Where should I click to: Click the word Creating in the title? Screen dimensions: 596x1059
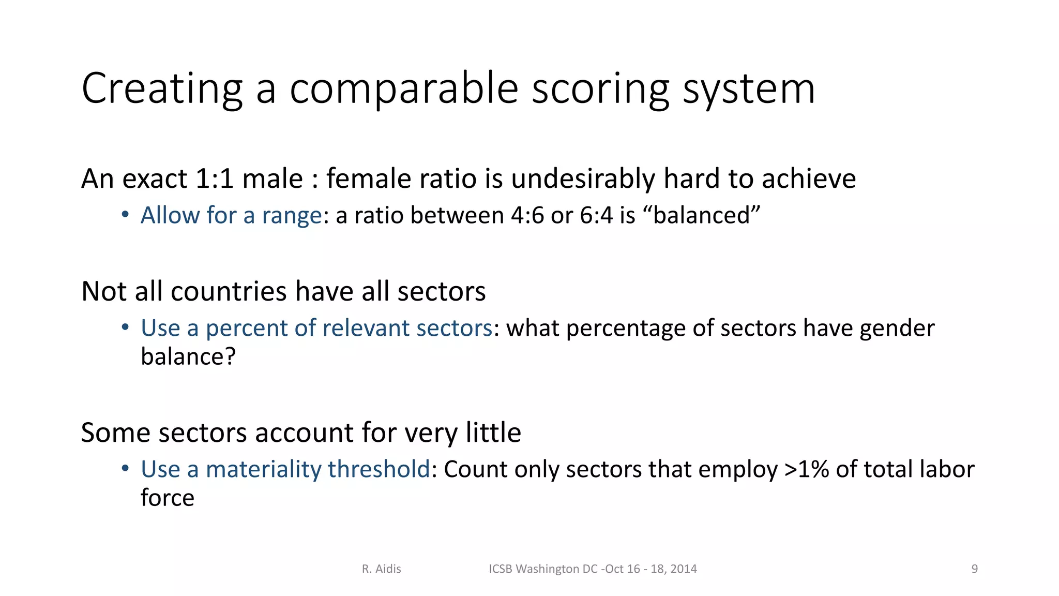(x=162, y=89)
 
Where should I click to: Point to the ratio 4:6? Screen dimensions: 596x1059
(x=527, y=215)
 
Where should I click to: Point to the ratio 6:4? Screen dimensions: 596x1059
(x=596, y=215)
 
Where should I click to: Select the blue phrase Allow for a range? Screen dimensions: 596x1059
(x=231, y=215)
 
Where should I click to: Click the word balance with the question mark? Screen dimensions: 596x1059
(x=188, y=356)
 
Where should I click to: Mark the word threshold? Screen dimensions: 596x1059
(x=379, y=469)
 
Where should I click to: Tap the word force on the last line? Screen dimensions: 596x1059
(x=167, y=498)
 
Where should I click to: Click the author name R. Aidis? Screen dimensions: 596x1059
(x=381, y=569)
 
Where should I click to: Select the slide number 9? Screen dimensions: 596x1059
(x=974, y=569)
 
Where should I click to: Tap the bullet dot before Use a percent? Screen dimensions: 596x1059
(x=125, y=327)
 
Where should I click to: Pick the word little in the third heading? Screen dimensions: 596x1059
(x=493, y=433)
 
